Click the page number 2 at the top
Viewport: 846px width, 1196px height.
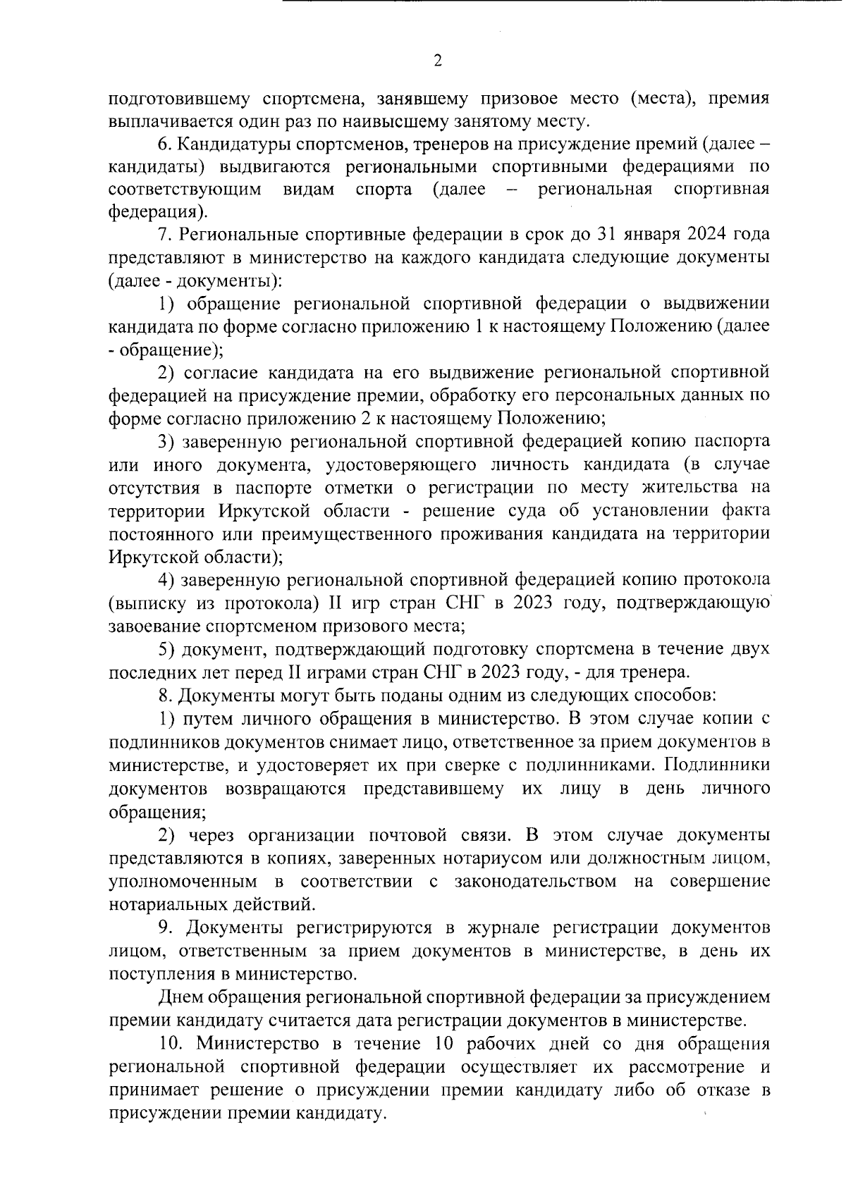tap(437, 61)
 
